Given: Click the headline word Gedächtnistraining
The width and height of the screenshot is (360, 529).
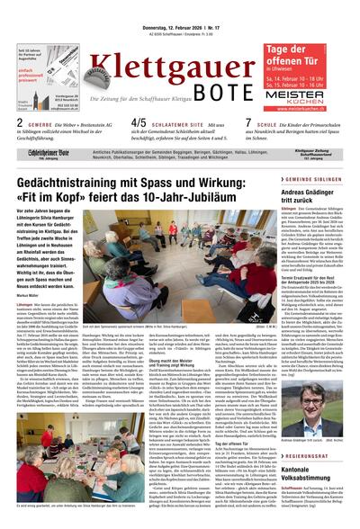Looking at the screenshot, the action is click(x=63, y=183).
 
